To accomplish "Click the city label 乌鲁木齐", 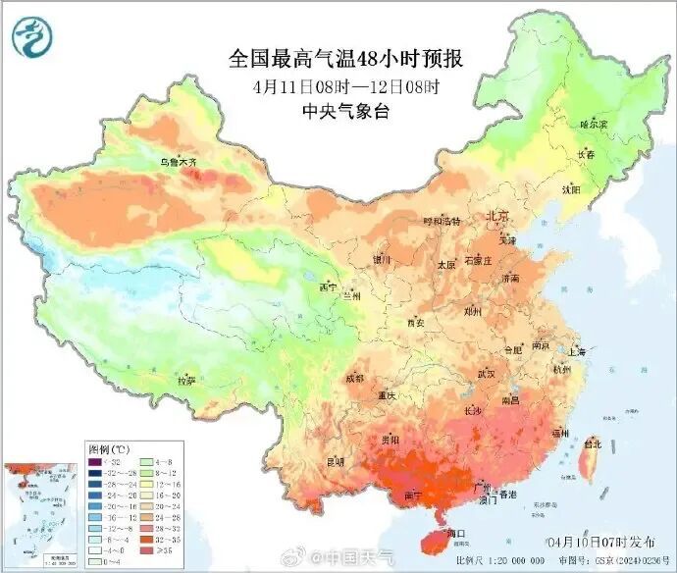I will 180,161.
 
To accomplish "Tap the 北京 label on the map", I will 497,215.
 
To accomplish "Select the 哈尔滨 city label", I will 594,125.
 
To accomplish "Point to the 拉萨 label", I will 186,380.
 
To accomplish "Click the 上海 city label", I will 576,351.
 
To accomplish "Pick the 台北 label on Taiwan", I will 593,443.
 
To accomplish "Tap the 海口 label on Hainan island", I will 454,533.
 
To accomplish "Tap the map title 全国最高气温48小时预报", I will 346,60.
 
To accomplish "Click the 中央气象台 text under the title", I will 346,111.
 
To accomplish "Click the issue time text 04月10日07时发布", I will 584,543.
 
